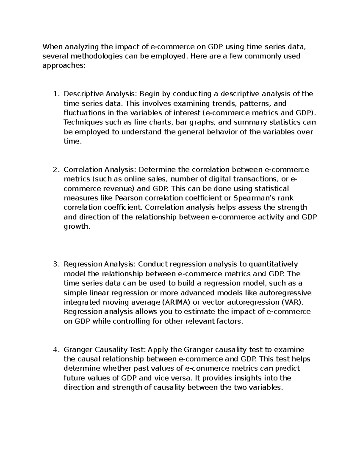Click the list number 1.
tap(55, 94)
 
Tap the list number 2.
tap(55, 170)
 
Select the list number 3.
tap(55, 264)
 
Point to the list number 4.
tap(55, 350)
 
